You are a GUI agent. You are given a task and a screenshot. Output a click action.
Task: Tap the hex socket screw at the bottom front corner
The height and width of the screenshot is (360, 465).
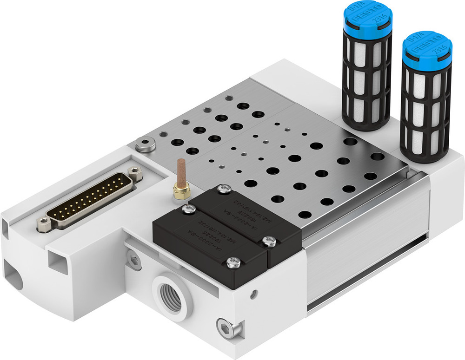(x=227, y=330)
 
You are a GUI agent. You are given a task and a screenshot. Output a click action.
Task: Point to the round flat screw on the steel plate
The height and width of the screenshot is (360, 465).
(x=146, y=144)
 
